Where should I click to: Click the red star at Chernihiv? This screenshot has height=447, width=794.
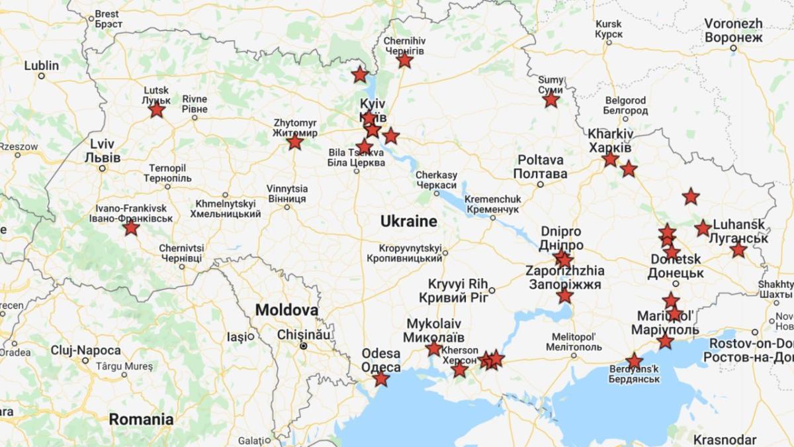coord(405,60)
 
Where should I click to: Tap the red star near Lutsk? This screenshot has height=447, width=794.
coord(156,109)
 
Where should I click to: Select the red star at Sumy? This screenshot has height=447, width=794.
coord(551,100)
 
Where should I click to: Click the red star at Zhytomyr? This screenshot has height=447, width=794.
coord(295,142)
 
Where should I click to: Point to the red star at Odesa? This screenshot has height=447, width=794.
coord(380,379)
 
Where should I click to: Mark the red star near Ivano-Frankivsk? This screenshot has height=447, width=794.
coord(131,228)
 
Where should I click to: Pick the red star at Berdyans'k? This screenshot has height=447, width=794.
coord(634,361)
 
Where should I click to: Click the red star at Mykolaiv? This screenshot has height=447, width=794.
coord(433,348)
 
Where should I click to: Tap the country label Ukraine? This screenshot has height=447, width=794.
coord(408,222)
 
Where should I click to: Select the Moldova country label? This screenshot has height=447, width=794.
coord(287,310)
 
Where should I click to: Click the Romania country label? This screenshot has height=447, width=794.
coord(141,419)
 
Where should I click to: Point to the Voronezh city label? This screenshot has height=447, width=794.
coord(733,30)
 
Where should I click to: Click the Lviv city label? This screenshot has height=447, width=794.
coord(103,151)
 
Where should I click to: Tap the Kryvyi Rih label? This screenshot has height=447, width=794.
coord(458,290)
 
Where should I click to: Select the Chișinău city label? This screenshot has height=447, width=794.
coord(303,334)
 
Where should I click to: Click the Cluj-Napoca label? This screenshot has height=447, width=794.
coord(85,350)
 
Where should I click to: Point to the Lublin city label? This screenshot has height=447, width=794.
coord(41,66)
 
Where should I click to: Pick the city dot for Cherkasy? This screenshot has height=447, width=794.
coord(436,193)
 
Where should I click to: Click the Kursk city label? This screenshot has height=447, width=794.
coord(608,28)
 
